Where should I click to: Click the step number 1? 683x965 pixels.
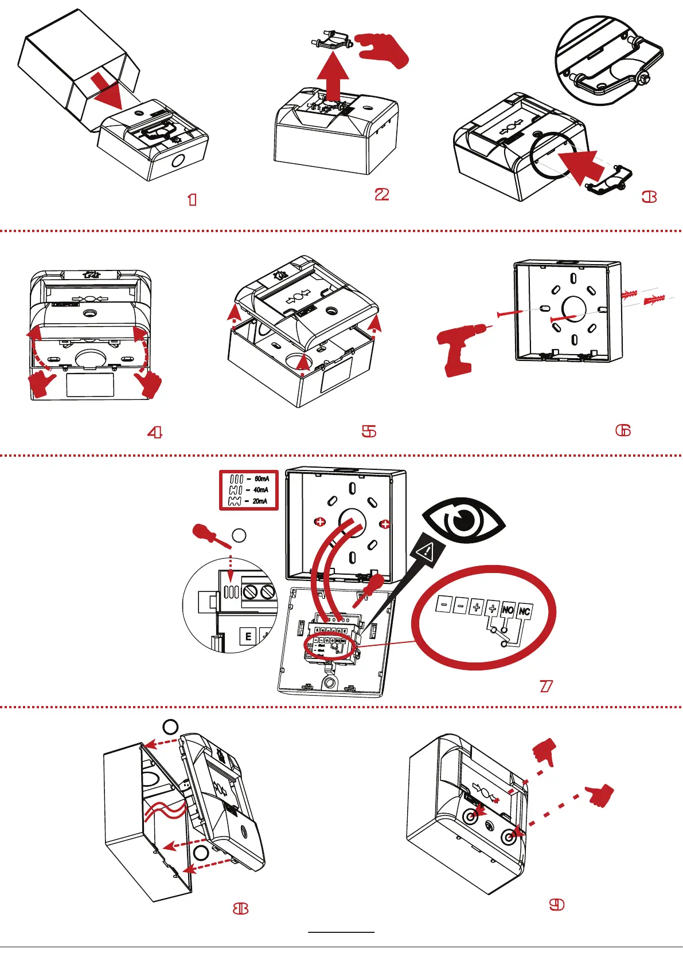pos(192,199)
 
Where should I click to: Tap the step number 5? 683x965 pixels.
pos(369,431)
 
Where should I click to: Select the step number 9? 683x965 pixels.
pos(556,904)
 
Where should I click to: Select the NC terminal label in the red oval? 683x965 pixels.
pos(524,611)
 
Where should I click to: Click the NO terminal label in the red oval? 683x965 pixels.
pos(508,610)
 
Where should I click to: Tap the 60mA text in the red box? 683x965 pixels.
pos(262,478)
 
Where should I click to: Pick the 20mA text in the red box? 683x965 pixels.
pos(260,501)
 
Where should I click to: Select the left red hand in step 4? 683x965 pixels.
pos(41,383)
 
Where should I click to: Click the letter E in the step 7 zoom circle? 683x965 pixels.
pos(248,636)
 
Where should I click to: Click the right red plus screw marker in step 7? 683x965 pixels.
pos(385,524)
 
